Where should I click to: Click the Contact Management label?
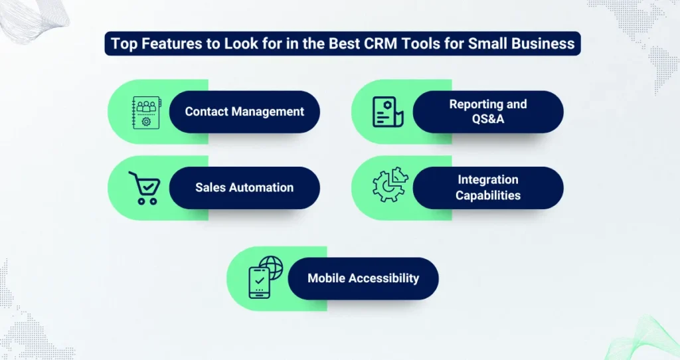click(244, 112)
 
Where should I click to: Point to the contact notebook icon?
click(147, 113)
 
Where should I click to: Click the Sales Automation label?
click(244, 187)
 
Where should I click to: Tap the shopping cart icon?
click(145, 188)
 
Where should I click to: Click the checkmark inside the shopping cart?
click(148, 187)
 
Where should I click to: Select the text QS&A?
click(488, 119)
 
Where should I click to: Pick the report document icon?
click(388, 112)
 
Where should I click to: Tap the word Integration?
click(488, 179)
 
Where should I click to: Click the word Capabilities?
click(488, 195)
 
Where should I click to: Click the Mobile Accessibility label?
click(363, 278)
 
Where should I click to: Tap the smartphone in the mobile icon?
click(260, 283)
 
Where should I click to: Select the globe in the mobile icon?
click(272, 268)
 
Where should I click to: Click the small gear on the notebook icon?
click(146, 122)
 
